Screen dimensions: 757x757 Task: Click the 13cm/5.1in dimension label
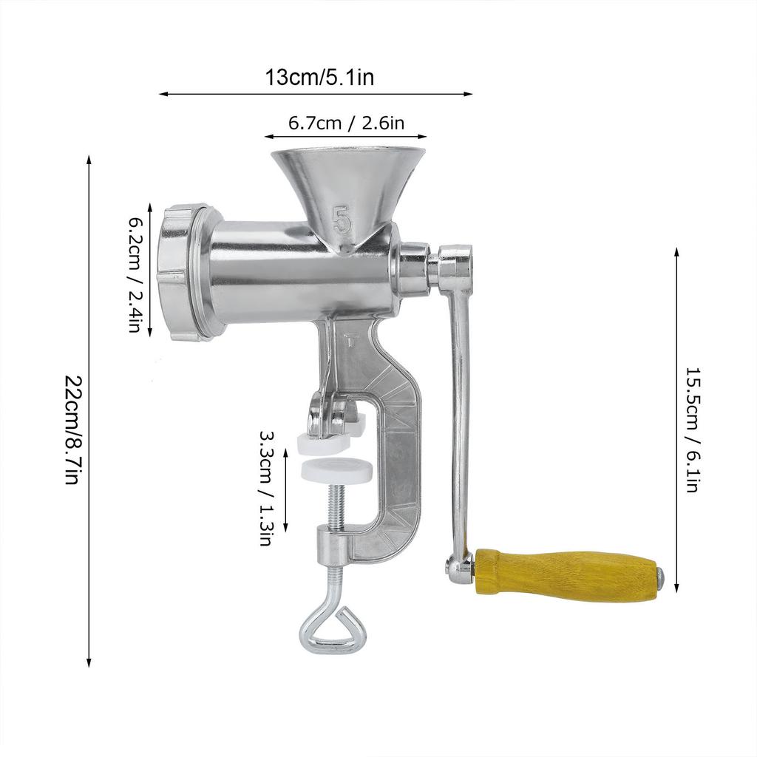pyautogui.click(x=319, y=78)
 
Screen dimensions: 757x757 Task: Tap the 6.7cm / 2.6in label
pyautogui.click(x=346, y=123)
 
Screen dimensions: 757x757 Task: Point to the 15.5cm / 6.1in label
pyautogui.click(x=692, y=430)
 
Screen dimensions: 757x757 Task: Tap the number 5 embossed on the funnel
pyautogui.click(x=343, y=220)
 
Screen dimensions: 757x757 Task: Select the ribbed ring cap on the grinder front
pyautogui.click(x=179, y=272)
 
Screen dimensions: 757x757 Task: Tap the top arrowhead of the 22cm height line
pyautogui.click(x=89, y=158)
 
